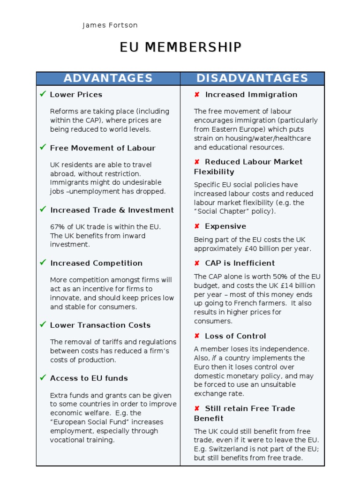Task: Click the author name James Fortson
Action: pyautogui.click(x=110, y=25)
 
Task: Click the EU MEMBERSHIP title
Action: pyautogui.click(x=180, y=47)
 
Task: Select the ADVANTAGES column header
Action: pyautogui.click(x=108, y=78)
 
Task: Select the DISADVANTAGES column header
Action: pyautogui.click(x=252, y=78)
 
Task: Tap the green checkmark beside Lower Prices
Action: pyautogui.click(x=43, y=94)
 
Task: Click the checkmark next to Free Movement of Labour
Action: pyautogui.click(x=43, y=148)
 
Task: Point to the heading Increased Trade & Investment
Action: pyautogui.click(x=112, y=210)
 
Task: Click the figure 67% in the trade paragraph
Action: pyautogui.click(x=58, y=227)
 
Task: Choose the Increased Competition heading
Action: pyautogui.click(x=96, y=263)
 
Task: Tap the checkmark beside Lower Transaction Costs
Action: pyautogui.click(x=43, y=325)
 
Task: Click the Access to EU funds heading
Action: pyautogui.click(x=89, y=378)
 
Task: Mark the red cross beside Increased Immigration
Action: pyautogui.click(x=197, y=95)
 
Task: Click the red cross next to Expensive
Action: pyautogui.click(x=197, y=226)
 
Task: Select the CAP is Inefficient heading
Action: pyautogui.click(x=240, y=263)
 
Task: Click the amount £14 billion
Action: pyautogui.click(x=295, y=285)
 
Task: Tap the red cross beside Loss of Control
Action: pyautogui.click(x=197, y=336)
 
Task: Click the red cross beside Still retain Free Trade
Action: pyautogui.click(x=197, y=409)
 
